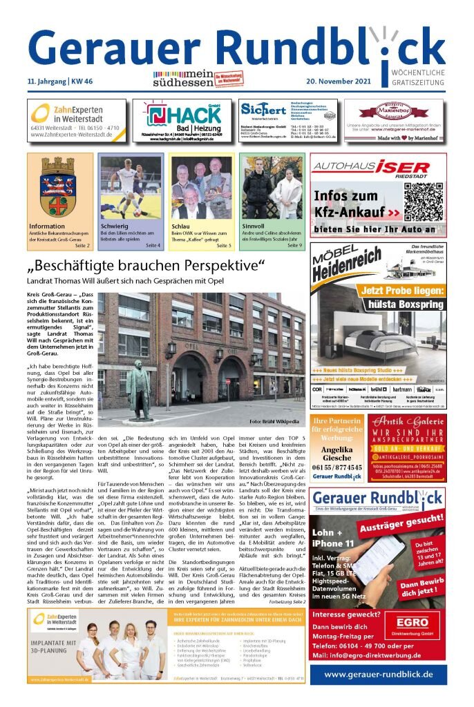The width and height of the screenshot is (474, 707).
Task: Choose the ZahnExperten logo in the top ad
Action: tap(76, 112)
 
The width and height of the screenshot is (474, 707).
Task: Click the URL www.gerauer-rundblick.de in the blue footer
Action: tap(377, 674)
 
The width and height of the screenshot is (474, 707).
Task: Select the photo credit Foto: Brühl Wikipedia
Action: tap(275, 421)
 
